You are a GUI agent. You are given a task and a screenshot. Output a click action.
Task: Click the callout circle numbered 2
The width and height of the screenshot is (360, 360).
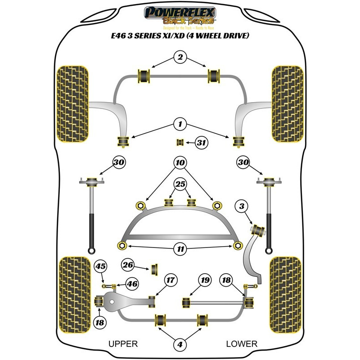tap(180, 57)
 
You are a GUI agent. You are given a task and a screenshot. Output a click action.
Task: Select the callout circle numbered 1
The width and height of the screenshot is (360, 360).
tap(180, 123)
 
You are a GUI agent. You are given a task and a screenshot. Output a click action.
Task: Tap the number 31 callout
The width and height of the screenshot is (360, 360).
tap(202, 144)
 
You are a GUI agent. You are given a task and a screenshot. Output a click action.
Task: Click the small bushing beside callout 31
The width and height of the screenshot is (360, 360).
tap(180, 143)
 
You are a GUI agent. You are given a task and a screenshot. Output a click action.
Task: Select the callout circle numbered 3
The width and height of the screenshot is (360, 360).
tap(242, 207)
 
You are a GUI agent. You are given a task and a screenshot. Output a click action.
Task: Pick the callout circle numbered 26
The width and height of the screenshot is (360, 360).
tap(129, 265)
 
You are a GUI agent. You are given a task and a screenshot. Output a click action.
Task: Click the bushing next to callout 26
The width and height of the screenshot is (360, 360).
tap(157, 269)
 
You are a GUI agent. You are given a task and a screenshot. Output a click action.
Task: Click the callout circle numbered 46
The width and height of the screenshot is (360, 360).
tap(131, 284)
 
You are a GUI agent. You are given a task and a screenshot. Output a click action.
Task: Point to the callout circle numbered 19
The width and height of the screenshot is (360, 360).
tap(205, 280)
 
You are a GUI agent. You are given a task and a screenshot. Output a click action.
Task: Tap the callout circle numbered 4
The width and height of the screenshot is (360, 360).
tap(180, 345)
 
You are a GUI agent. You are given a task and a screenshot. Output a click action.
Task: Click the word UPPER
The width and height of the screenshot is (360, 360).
tap(123, 344)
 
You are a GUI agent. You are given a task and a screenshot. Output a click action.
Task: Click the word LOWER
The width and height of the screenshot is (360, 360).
tap(242, 344)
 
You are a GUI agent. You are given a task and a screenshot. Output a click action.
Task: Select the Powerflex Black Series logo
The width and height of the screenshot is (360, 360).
tap(180, 17)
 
